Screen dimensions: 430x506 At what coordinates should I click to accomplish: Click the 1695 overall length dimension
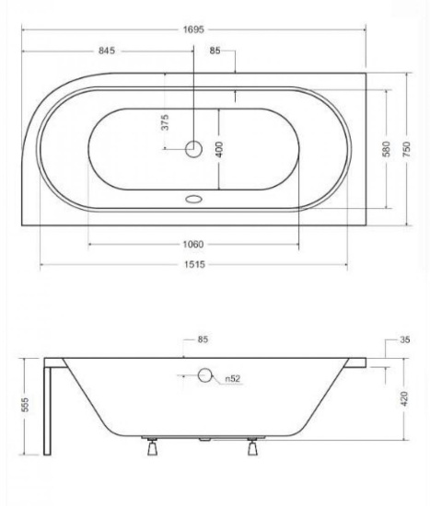click(x=193, y=29)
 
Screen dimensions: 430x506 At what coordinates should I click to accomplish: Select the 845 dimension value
click(x=107, y=51)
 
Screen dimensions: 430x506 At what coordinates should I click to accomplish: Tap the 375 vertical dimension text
click(x=165, y=122)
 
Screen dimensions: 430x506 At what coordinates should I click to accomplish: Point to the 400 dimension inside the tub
click(x=219, y=149)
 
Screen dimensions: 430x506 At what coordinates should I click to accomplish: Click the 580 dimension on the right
click(x=387, y=149)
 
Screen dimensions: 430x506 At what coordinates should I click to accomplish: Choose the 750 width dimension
click(x=406, y=149)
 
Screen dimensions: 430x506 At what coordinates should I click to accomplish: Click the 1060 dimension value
click(x=193, y=245)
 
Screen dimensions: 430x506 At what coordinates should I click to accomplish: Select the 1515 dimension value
click(x=194, y=265)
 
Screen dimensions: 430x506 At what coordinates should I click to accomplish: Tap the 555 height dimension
click(x=25, y=405)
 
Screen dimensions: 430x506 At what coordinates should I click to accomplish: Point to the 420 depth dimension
click(x=404, y=399)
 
